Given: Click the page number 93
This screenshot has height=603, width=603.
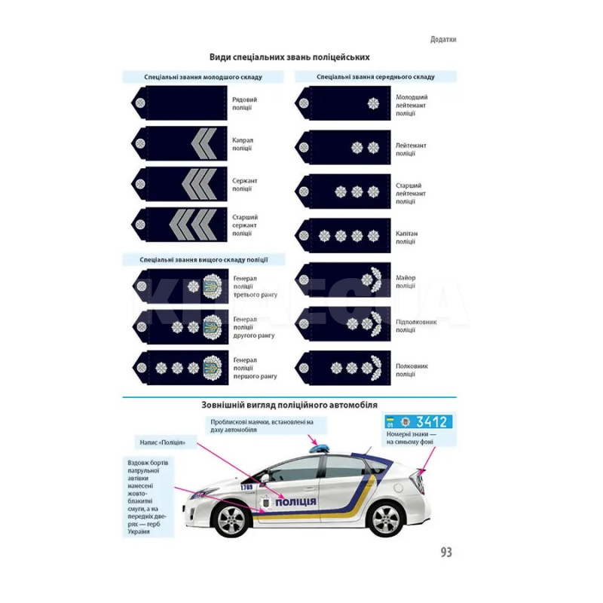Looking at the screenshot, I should pyautogui.click(x=445, y=552).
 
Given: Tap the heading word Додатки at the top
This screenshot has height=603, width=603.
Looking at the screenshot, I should pyautogui.click(x=442, y=39).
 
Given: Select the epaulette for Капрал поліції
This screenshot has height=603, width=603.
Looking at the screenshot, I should pyautogui.click(x=179, y=143).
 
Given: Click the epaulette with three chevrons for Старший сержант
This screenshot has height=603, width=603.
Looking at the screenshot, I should pyautogui.click(x=179, y=225).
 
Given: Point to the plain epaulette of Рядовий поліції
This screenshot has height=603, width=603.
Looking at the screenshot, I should pyautogui.click(x=179, y=103).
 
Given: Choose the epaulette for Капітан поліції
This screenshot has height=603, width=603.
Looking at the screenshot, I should pyautogui.click(x=343, y=236).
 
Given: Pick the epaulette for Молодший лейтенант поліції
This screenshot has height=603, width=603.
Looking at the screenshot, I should pyautogui.click(x=343, y=103).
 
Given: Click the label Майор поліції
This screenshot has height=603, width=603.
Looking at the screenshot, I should pyautogui.click(x=406, y=281).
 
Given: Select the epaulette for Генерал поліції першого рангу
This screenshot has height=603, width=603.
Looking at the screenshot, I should pyautogui.click(x=179, y=367).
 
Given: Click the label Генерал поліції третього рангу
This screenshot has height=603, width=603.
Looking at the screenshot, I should pyautogui.click(x=255, y=286).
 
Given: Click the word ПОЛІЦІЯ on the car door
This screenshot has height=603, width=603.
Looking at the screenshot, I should pyautogui.click(x=295, y=503).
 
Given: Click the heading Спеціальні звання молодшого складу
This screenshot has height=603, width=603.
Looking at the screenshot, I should pyautogui.click(x=203, y=77).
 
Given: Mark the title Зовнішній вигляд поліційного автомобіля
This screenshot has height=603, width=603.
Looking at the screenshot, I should pyautogui.click(x=289, y=404).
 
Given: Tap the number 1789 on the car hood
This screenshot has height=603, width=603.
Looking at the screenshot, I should pyautogui.click(x=246, y=486).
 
